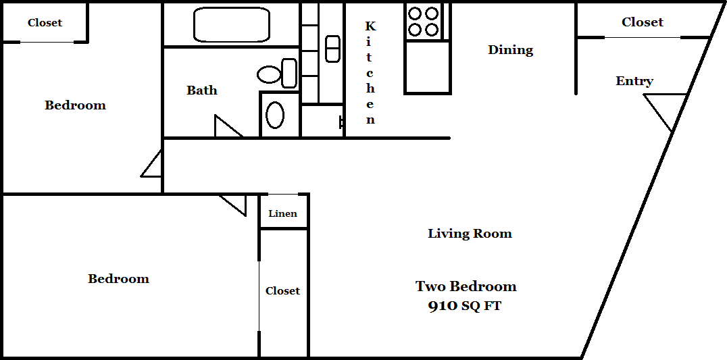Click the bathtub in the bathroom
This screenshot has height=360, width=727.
[231, 24]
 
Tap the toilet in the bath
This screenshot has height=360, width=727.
[277, 74]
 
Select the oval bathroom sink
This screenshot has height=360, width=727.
[275, 115]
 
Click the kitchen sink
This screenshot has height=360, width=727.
[332, 49]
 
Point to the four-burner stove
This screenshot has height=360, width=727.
[424, 22]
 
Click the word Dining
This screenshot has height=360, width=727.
[511, 49]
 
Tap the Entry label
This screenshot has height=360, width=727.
[634, 81]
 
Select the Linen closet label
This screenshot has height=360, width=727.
[283, 213]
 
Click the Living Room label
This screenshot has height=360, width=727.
[470, 233]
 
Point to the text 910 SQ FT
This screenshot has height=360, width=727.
[465, 306]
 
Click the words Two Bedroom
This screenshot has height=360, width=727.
[466, 286]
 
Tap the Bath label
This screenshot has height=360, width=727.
[202, 90]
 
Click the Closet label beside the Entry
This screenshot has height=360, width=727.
[643, 22]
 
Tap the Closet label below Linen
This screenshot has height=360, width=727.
[283, 291]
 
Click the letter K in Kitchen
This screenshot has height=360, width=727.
[370, 26]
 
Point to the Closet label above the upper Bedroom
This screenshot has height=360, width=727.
[45, 23]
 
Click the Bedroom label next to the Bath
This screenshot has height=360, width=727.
[75, 105]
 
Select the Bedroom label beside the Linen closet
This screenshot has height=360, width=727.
[119, 278]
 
